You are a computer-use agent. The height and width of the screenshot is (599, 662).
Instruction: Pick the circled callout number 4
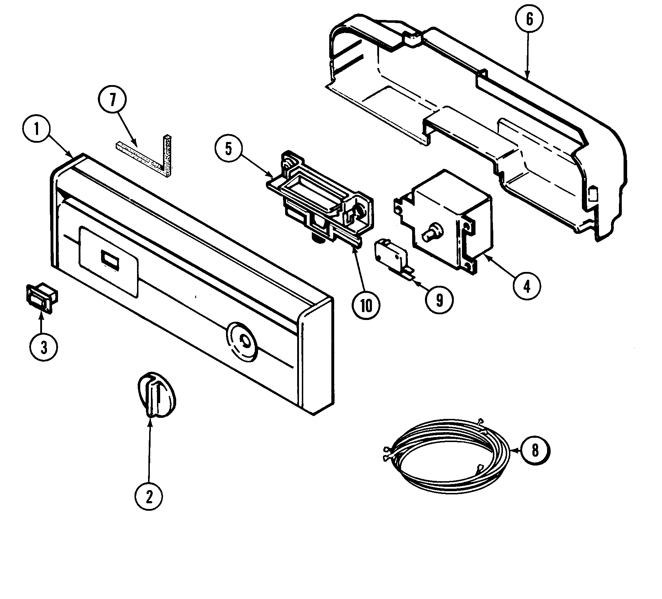[527, 285]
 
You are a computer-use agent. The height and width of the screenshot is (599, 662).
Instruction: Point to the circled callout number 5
[229, 149]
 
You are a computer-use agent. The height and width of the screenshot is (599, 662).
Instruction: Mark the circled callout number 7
[112, 101]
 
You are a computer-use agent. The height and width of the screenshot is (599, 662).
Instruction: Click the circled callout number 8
[535, 451]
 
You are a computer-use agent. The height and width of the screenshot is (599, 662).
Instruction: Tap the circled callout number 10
[366, 305]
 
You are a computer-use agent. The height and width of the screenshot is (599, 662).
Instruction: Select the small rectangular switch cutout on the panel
[110, 258]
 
